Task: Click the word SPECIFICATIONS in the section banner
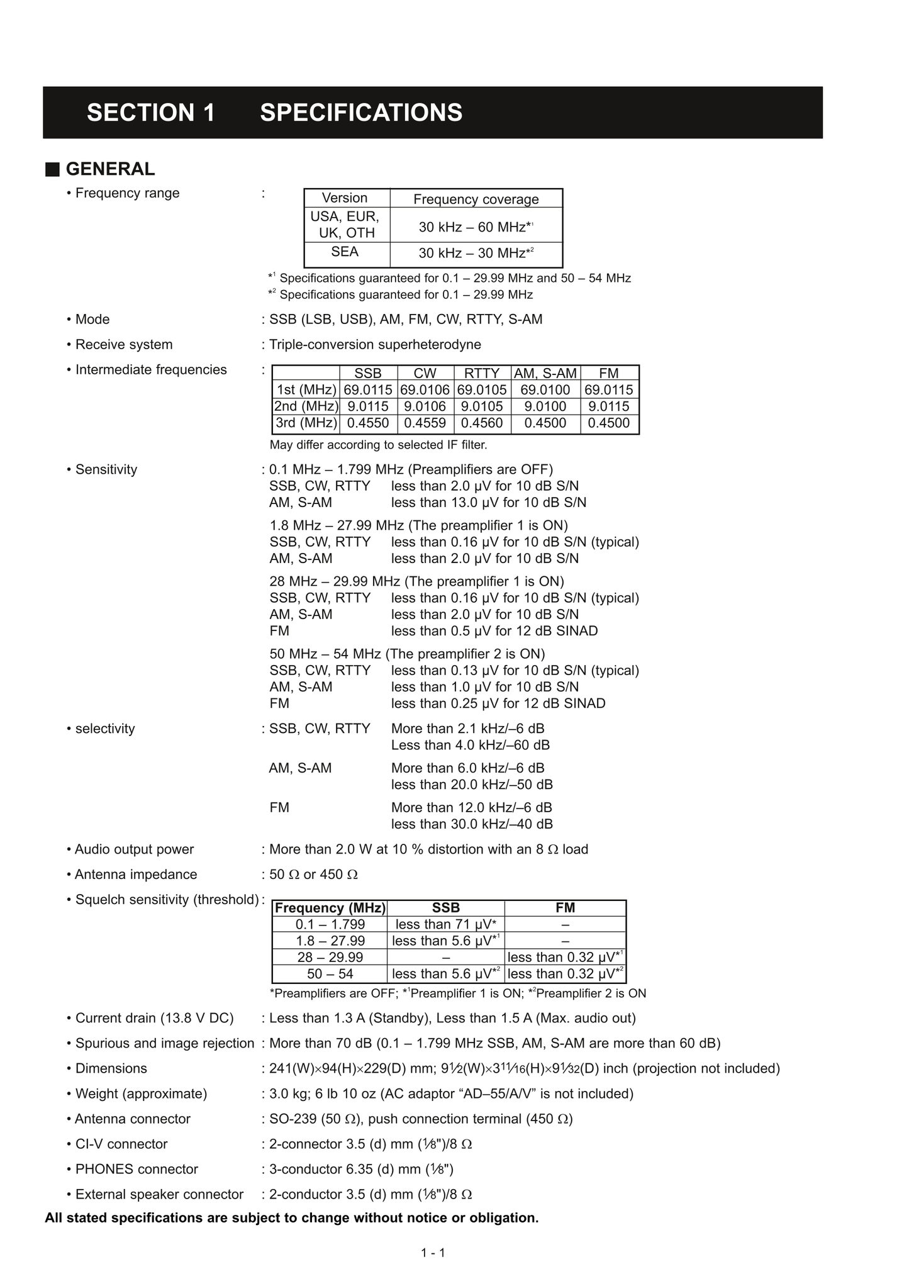(x=361, y=113)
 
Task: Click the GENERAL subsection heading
(x=110, y=169)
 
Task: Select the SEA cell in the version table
(x=345, y=252)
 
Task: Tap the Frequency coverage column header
(x=476, y=199)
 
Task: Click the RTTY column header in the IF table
(x=482, y=373)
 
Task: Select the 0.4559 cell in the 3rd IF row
(x=425, y=423)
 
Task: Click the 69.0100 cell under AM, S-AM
(x=545, y=390)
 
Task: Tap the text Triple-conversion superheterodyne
(x=375, y=345)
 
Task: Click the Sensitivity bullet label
(x=106, y=469)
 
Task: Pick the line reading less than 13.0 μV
(x=488, y=503)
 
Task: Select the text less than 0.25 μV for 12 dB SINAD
(x=498, y=703)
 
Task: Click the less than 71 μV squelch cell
(x=445, y=924)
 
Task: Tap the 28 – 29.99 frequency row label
(x=330, y=957)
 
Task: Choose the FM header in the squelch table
(x=565, y=908)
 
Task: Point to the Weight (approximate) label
(x=141, y=1093)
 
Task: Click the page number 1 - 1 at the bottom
(x=433, y=1253)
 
